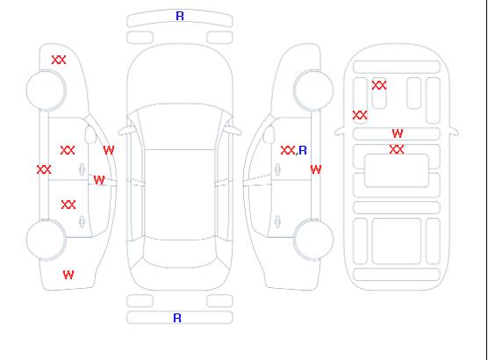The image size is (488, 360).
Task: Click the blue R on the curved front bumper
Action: (180, 16)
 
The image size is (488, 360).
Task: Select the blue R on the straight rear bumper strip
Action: (177, 318)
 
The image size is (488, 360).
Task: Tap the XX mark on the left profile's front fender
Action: (59, 60)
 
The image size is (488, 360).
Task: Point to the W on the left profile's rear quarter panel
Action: (68, 275)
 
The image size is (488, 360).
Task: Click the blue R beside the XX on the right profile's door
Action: (303, 150)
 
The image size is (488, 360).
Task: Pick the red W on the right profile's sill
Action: (316, 169)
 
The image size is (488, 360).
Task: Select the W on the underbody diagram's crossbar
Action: (398, 133)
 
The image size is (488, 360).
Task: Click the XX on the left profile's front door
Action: (68, 150)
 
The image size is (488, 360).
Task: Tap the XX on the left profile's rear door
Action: (68, 205)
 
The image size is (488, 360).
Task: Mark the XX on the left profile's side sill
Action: (44, 169)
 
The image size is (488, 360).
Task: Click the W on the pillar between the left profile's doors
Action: (99, 180)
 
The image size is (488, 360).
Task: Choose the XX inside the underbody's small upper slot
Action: (379, 85)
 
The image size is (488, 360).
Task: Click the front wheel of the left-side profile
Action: (46, 90)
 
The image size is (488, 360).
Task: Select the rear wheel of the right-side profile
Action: (313, 239)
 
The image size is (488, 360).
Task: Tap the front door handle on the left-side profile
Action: (82, 169)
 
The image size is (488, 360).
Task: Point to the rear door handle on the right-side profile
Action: (277, 221)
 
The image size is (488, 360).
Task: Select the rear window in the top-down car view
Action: (180, 254)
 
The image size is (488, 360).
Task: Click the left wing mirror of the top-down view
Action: (126, 131)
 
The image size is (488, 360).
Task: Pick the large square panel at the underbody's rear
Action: (397, 241)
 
